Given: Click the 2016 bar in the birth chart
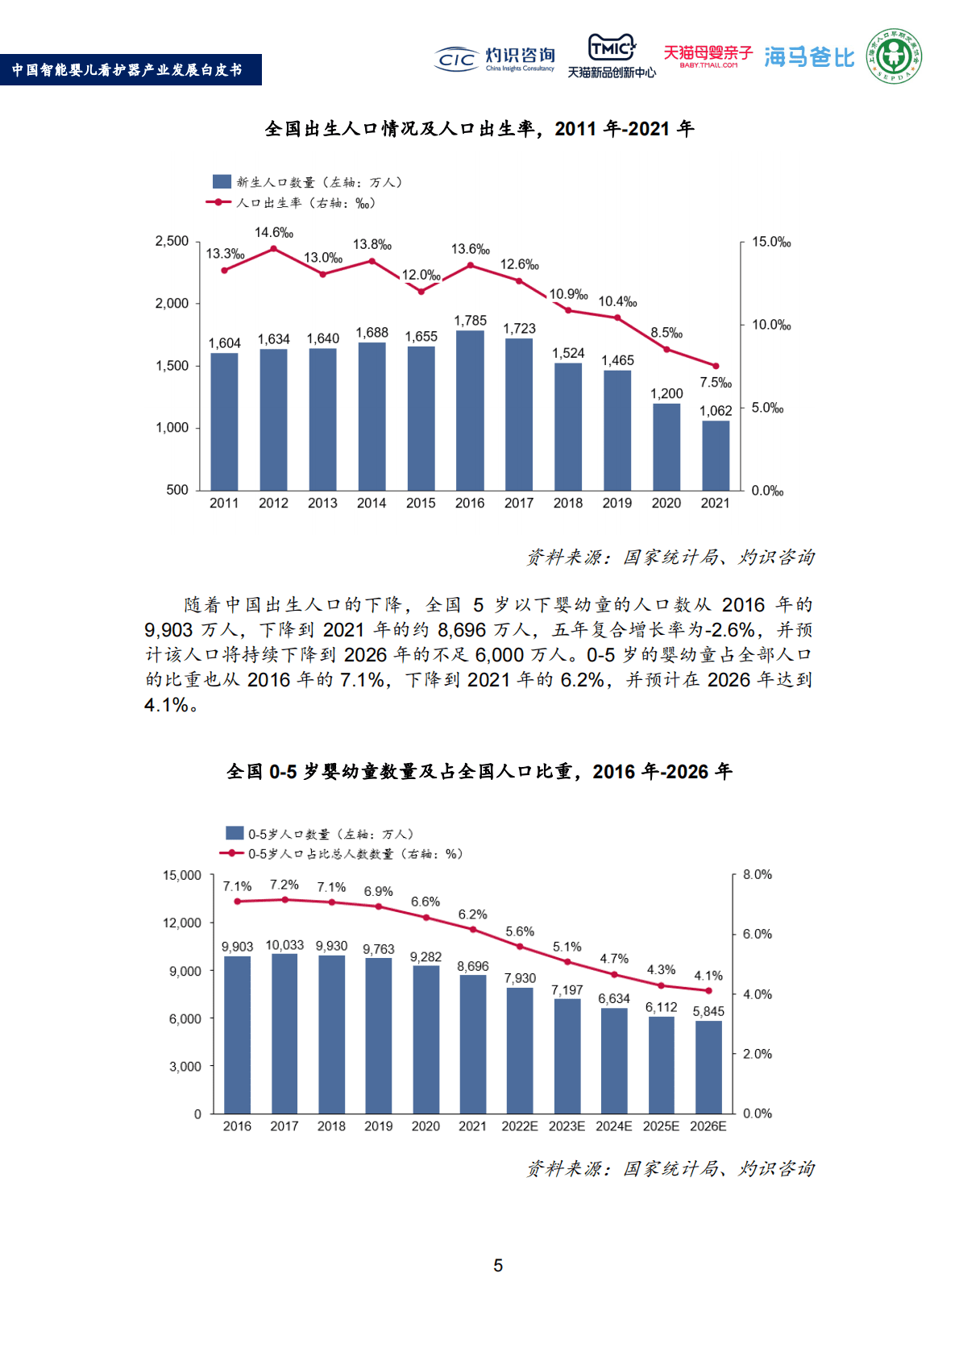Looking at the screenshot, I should point(470,411).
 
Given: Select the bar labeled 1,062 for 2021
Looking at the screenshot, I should point(716,455).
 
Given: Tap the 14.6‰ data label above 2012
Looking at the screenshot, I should point(274,233).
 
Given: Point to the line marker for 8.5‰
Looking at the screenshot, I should point(666,350).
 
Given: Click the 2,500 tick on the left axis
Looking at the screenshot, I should point(172,242).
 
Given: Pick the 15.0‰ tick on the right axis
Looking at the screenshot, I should point(771,243).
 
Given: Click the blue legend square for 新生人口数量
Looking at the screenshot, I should point(222,182).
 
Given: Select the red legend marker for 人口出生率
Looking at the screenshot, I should point(218,202).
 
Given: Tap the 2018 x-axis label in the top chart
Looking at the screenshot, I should point(567,503).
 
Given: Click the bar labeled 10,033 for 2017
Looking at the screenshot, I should point(284,1034).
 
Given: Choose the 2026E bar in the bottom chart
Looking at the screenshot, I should point(708,1067).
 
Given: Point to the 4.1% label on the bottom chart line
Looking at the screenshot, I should point(708,976).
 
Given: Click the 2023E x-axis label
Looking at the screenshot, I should point(567,1126).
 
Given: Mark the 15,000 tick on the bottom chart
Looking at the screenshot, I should point(182,876).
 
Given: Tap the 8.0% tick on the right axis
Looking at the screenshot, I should point(757,875).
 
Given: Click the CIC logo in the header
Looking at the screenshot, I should point(457,59).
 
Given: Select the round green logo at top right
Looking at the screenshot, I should point(895,56).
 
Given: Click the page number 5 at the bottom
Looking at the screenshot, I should point(498,1266).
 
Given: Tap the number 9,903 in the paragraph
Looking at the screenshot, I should point(168,630).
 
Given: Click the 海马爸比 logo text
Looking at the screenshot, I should point(808,57).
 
